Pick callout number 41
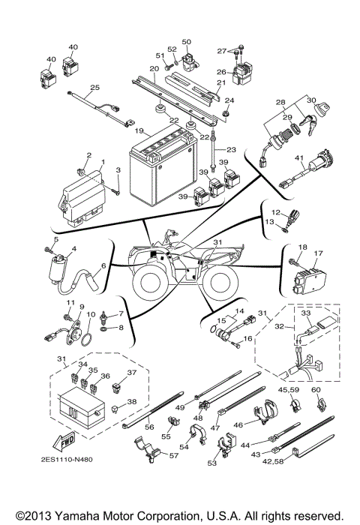click(299, 158)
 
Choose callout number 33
click(305, 312)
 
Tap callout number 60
click(315, 389)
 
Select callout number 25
click(94, 88)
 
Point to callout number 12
click(274, 212)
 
